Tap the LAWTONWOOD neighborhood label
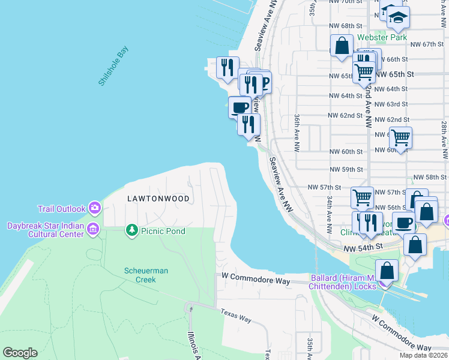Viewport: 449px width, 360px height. pyautogui.click(x=158, y=198)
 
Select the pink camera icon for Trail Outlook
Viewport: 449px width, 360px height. pyautogui.click(x=94, y=208)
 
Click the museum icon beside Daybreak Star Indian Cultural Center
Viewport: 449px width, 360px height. pyautogui.click(x=92, y=229)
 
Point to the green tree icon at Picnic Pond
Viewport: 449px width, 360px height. pyautogui.click(x=131, y=230)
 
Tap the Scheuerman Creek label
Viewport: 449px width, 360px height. pyautogui.click(x=146, y=275)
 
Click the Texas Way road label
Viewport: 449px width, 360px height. pyautogui.click(x=235, y=316)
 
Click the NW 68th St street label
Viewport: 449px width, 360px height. pyautogui.click(x=346, y=26)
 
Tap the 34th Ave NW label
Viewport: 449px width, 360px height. pyautogui.click(x=330, y=214)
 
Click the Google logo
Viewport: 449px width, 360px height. pyautogui.click(x=20, y=353)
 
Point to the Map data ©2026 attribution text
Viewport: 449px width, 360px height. pyautogui.click(x=423, y=355)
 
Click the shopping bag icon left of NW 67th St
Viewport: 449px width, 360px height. pyautogui.click(x=342, y=46)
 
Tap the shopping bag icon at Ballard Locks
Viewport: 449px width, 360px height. pyautogui.click(x=387, y=271)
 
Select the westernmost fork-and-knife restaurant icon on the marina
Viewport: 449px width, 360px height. pyautogui.click(x=226, y=68)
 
